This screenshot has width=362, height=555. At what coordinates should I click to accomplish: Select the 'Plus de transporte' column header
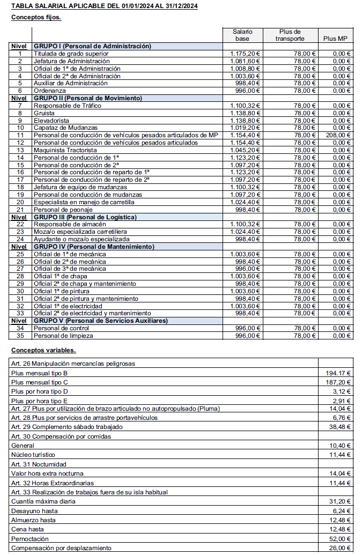point(290,35)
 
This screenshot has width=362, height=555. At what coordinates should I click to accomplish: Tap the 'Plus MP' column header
point(336,39)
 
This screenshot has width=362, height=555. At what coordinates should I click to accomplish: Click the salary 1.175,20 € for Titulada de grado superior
point(245,54)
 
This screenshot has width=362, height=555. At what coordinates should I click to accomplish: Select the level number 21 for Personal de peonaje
point(20,210)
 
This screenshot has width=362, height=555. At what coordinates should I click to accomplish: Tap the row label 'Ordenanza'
point(50,91)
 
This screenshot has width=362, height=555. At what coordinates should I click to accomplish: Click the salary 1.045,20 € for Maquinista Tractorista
point(245,150)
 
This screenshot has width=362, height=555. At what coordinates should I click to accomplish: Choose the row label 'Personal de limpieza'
point(63,336)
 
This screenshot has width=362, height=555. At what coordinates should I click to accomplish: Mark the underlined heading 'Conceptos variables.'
point(43,351)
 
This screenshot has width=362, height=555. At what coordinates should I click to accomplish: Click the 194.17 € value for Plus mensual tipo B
point(339,373)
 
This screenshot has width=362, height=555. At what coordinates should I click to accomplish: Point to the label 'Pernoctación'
point(30,538)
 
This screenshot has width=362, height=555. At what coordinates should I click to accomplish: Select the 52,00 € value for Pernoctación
point(341,538)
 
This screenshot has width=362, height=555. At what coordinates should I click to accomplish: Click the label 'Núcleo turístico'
point(33,455)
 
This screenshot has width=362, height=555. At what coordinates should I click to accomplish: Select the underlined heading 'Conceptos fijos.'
point(36,17)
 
